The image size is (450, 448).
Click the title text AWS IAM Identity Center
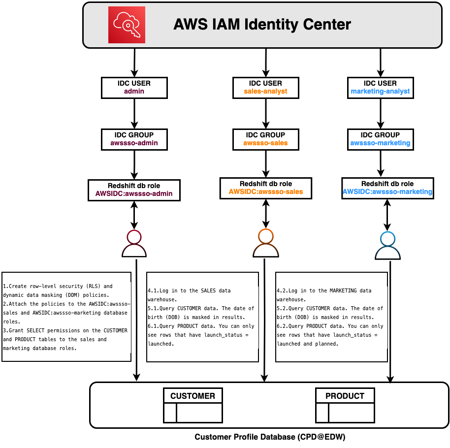262,24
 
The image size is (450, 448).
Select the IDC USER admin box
134,87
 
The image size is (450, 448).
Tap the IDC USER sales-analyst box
265,87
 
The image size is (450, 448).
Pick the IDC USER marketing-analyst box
380,87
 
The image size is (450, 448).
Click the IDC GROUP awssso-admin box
134,139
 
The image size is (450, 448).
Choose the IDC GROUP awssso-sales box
265,139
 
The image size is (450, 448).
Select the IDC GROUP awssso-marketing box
380,139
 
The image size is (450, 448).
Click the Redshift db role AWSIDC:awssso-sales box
266,188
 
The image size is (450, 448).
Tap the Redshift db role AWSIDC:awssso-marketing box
387,188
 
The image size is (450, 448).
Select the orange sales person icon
265,244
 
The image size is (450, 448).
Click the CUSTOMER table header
193,396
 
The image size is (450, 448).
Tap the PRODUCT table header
345,396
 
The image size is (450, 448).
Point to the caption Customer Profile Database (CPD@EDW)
270,437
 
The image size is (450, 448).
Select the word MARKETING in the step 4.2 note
339,291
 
